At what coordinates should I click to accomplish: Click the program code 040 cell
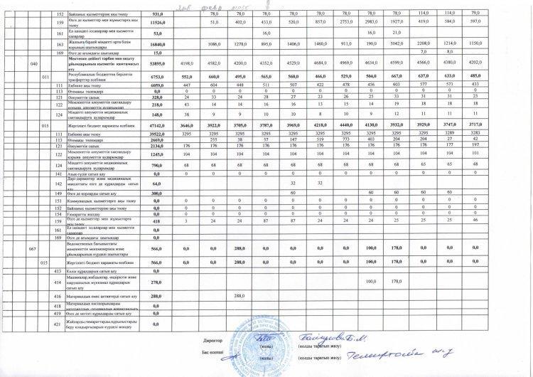click(x=33, y=64)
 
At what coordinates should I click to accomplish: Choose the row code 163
click(x=59, y=44)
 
